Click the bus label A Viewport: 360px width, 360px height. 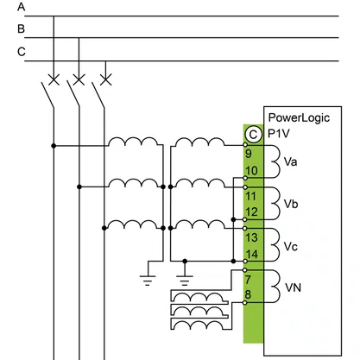point(21,6)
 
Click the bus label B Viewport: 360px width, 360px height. point(21,28)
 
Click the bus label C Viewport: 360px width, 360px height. point(22,52)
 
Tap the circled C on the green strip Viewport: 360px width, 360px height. point(253,135)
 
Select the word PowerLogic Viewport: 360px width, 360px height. point(299,118)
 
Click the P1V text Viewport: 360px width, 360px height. point(279,134)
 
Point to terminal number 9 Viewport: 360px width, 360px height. point(249,154)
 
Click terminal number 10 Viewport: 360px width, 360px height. point(251,171)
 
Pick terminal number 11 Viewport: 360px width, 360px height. point(250,196)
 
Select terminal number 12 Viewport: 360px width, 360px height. point(251,212)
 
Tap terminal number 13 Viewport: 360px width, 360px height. point(251,237)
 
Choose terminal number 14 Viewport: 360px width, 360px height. point(252,254)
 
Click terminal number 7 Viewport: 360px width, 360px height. point(248,280)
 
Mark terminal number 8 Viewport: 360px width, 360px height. point(248,294)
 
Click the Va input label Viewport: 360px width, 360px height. point(290,161)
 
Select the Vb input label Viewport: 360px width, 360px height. point(291,204)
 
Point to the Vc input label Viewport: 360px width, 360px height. point(290,247)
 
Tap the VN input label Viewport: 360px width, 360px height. point(293,287)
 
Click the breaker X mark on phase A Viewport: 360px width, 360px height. point(54,79)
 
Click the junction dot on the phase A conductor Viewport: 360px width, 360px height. point(54,146)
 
